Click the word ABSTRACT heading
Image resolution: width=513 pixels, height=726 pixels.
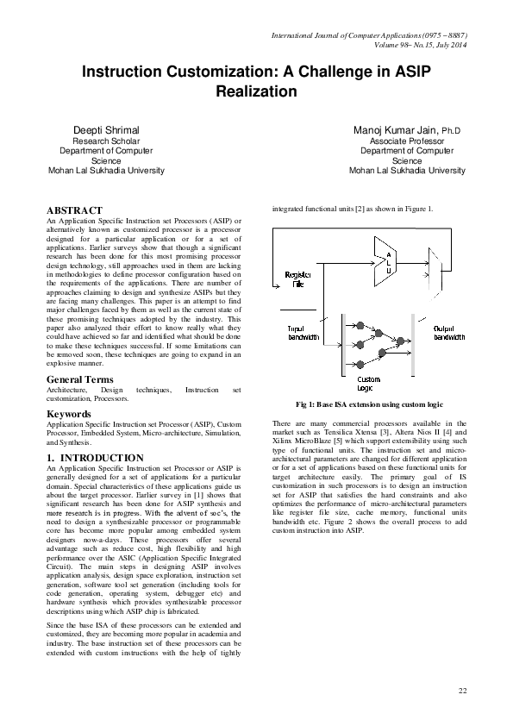point(73,210)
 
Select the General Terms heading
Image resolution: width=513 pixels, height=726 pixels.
point(79,379)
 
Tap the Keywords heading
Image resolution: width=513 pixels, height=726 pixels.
point(70,414)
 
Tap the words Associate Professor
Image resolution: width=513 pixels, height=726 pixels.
point(406,140)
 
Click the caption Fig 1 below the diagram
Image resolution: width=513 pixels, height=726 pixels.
point(369,404)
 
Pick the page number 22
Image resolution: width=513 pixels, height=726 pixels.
point(462,692)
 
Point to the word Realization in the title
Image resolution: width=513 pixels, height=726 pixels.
point(256,91)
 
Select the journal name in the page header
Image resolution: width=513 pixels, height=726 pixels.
point(368,35)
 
